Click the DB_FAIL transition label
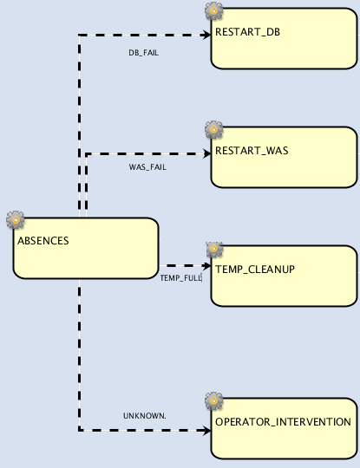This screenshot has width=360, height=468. pos(143,52)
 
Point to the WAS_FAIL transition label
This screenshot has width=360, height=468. pos(147,167)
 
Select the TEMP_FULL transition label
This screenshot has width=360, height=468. pos(180,277)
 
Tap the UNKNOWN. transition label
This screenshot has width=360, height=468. pos(144,415)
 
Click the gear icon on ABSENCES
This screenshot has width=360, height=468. pos(15,219)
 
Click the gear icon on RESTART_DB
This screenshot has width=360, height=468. pos(213,11)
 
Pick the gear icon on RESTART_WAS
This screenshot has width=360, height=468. pos(213,130)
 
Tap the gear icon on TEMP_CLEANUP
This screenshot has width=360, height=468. pos(213,249)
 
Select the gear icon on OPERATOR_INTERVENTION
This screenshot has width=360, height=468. pos(213,401)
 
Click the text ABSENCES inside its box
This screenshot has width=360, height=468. pos(43,240)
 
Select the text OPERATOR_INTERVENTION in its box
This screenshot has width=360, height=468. pos(283,422)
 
